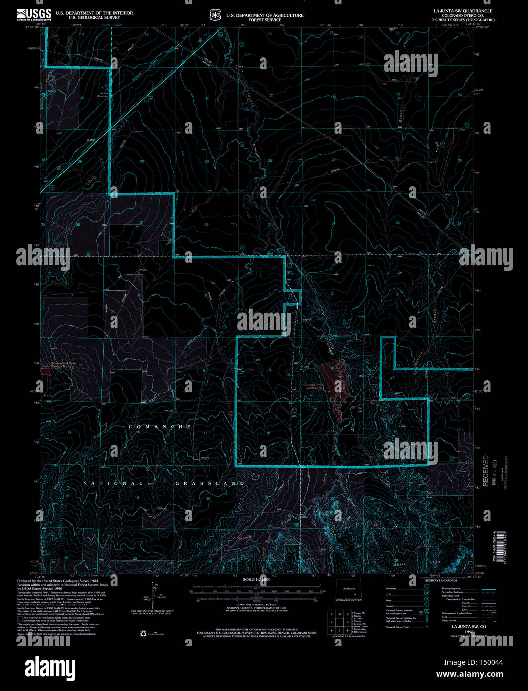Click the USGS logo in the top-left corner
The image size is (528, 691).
point(34,14)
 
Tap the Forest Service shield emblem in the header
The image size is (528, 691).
point(215,15)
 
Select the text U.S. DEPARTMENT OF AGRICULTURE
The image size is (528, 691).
point(264,15)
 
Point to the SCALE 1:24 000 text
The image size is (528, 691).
point(257,580)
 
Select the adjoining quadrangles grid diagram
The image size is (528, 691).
point(339,621)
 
